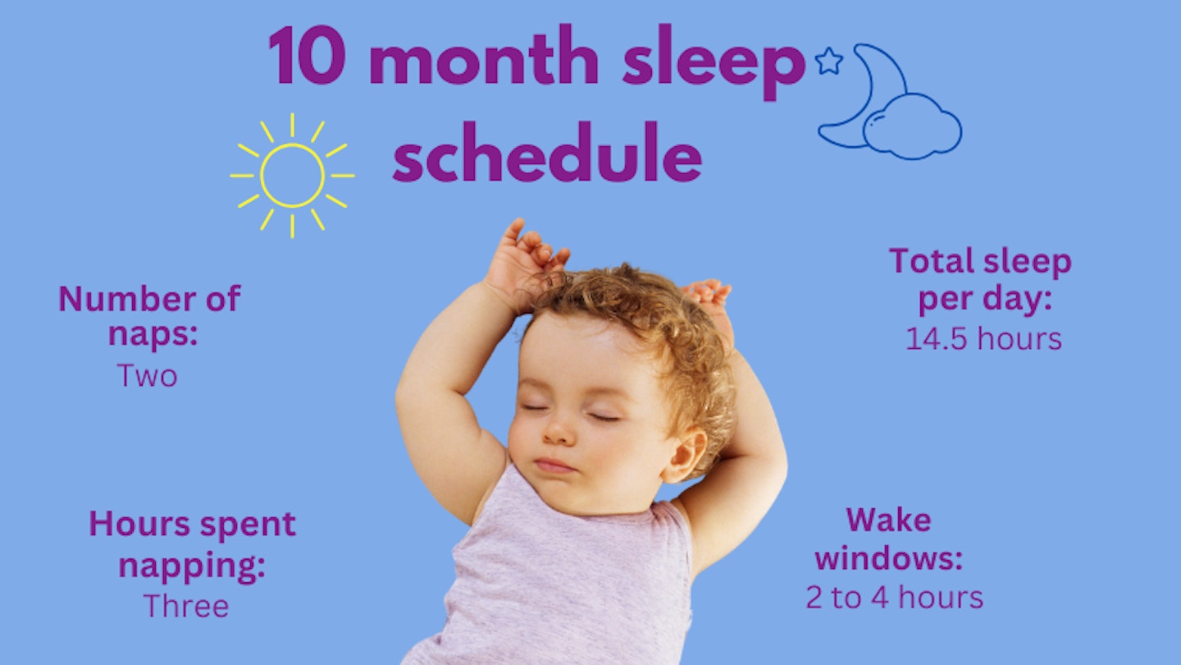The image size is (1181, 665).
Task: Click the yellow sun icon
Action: click(292, 176)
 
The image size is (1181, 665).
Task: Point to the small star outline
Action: click(828, 61)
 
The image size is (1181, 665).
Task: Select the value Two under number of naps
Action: click(147, 376)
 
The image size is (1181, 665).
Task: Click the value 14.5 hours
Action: click(983, 338)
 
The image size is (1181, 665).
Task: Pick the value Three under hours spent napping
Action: click(186, 606)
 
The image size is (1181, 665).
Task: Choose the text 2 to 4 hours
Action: click(894, 597)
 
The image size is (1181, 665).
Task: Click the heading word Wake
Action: click(888, 520)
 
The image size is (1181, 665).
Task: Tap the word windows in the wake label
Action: click(888, 558)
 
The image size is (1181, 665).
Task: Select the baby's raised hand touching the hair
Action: click(525, 263)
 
